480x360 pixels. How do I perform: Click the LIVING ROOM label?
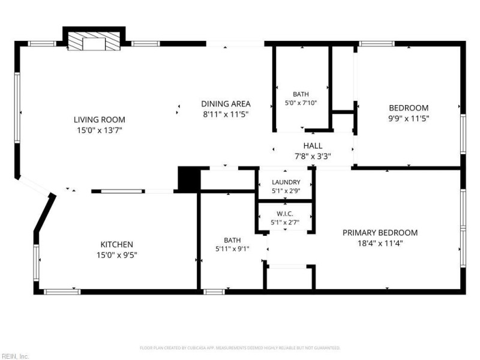(x=100, y=119)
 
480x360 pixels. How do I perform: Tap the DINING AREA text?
(x=226, y=104)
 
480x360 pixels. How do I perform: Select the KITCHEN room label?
(x=116, y=244)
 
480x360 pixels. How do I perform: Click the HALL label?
(x=313, y=146)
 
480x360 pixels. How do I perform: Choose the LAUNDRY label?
(x=286, y=182)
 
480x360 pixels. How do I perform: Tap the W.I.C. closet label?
(x=284, y=214)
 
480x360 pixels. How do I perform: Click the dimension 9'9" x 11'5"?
(x=409, y=118)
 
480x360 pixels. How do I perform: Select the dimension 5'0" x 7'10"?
(x=301, y=103)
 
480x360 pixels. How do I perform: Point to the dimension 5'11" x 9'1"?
(x=232, y=249)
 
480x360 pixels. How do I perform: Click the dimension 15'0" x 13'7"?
(x=100, y=130)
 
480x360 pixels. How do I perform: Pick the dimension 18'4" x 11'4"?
(x=380, y=244)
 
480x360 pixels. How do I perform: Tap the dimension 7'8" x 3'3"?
(x=313, y=157)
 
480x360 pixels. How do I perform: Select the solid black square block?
(x=189, y=179)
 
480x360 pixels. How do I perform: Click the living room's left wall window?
(x=17, y=107)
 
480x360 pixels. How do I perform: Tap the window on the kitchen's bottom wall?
(x=62, y=292)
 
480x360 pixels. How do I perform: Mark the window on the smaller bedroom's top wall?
(x=377, y=44)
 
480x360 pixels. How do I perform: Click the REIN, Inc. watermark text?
(x=14, y=356)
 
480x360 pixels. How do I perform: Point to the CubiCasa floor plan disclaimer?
(x=240, y=348)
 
